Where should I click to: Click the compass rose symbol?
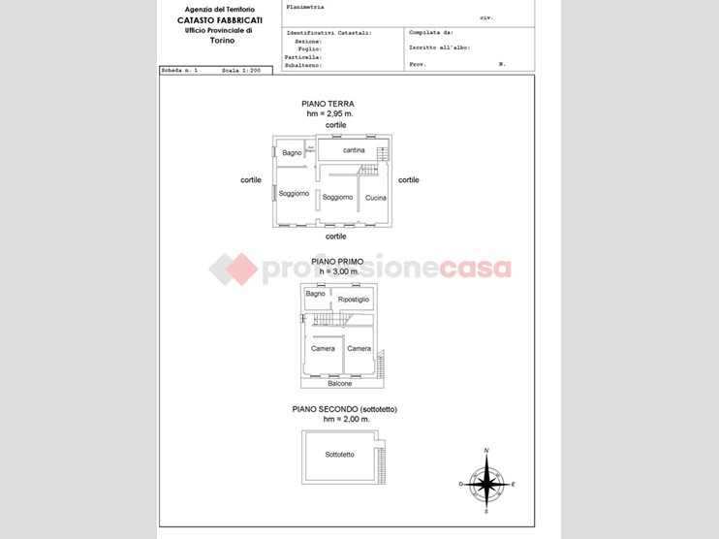[486, 480]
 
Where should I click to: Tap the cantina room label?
[354, 150]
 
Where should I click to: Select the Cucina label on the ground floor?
[376, 198]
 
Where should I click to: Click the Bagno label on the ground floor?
[292, 153]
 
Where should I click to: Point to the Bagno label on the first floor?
[315, 294]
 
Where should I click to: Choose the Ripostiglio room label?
[354, 301]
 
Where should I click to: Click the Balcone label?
[340, 383]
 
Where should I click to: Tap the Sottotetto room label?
[340, 454]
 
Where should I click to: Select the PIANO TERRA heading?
[328, 104]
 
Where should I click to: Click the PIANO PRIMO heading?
[337, 262]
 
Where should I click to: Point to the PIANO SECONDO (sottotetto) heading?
[345, 410]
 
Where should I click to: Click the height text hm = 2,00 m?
[345, 420]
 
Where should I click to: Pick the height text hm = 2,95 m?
[329, 114]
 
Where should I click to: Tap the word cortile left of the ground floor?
[251, 179]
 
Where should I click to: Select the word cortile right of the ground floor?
[409, 179]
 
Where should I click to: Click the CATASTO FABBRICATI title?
[218, 19]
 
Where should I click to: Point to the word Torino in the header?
[218, 41]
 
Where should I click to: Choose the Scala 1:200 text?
[241, 71]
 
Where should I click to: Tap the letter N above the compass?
[486, 451]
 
